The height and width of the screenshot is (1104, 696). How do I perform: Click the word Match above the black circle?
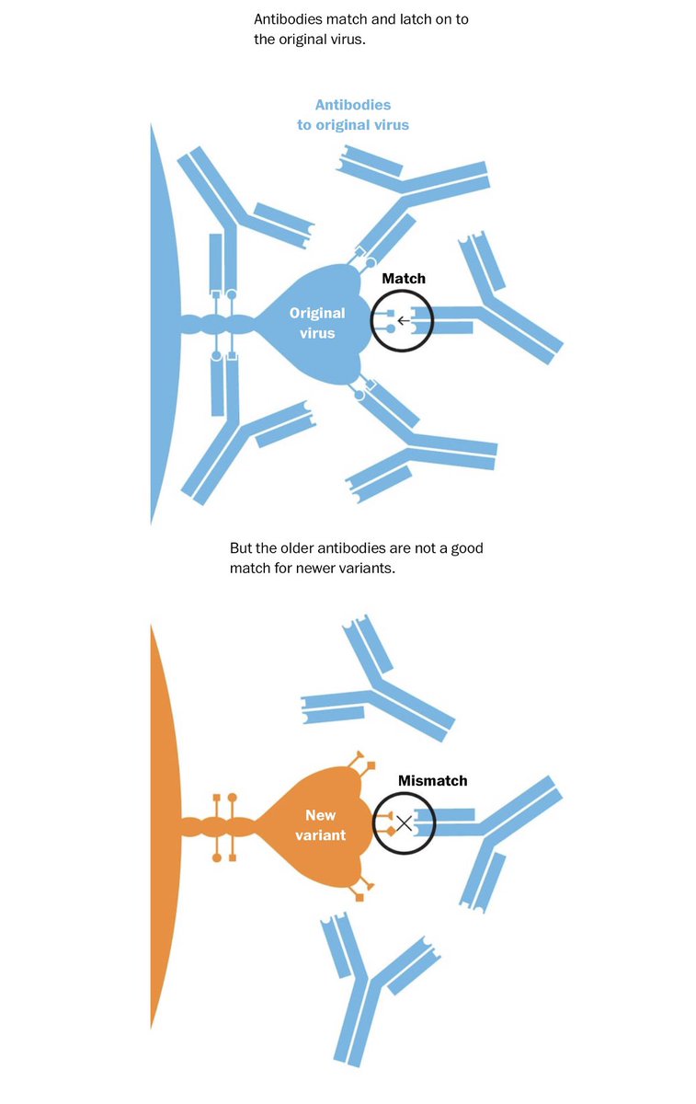click(x=404, y=278)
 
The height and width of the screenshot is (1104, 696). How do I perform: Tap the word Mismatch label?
click(x=432, y=780)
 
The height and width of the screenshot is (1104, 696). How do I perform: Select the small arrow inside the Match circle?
click(x=403, y=322)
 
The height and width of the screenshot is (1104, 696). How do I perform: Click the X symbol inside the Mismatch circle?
click(x=404, y=823)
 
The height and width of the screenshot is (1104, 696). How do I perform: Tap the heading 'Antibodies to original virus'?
click(x=353, y=115)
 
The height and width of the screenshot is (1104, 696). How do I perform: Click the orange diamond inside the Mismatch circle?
click(x=391, y=831)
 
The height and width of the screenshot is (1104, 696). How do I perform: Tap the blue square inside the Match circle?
click(x=390, y=314)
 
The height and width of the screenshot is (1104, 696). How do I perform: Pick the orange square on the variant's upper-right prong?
click(x=371, y=765)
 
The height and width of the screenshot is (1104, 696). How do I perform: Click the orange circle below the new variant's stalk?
click(x=217, y=857)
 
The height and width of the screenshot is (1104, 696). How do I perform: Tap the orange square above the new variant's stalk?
click(x=216, y=796)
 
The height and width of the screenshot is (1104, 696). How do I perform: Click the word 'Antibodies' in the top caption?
click(x=285, y=19)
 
